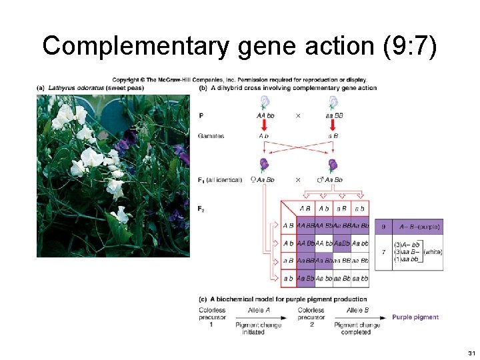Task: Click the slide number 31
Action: pyautogui.click(x=471, y=352)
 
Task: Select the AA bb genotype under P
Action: pyautogui.click(x=265, y=115)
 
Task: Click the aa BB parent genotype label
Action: pyautogui.click(x=334, y=115)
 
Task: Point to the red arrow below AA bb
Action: pyautogui.click(x=264, y=126)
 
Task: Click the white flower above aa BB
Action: pyautogui.click(x=333, y=102)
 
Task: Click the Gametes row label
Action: pyautogui.click(x=211, y=136)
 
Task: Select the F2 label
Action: pyautogui.click(x=201, y=208)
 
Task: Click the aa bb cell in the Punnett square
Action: pyautogui.click(x=360, y=278)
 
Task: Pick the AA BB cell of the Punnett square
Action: pyautogui.click(x=306, y=226)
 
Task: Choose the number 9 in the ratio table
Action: pyautogui.click(x=383, y=227)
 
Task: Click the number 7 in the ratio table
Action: pyautogui.click(x=383, y=252)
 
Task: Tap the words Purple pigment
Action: pyautogui.click(x=415, y=317)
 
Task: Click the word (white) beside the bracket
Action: pyautogui.click(x=433, y=252)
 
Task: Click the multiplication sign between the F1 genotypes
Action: pyautogui.click(x=298, y=179)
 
